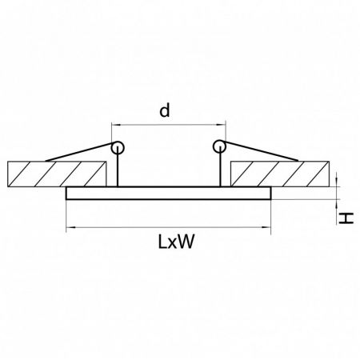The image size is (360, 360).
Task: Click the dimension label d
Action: click(164, 110)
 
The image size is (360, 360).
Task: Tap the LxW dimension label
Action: click(176, 242)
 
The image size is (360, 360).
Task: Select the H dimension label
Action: click(346, 218)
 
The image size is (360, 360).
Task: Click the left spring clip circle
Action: click(118, 147)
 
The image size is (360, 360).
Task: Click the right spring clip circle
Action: click(219, 146)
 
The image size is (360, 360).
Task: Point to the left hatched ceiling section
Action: click(57, 174)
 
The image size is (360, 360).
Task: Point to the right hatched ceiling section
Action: click(280, 174)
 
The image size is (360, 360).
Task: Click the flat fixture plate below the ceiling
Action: click(169, 193)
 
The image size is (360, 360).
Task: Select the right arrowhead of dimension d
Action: click(222, 125)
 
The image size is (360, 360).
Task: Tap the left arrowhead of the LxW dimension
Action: click(70, 227)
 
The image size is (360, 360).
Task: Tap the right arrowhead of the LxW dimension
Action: click(266, 227)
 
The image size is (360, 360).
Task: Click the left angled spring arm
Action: click(79, 152)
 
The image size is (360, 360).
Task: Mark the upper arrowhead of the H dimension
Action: click(337, 182)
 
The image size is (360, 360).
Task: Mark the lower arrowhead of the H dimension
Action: click(337, 204)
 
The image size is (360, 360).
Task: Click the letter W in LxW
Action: click(186, 242)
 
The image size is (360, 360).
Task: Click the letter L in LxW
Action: click(162, 242)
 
